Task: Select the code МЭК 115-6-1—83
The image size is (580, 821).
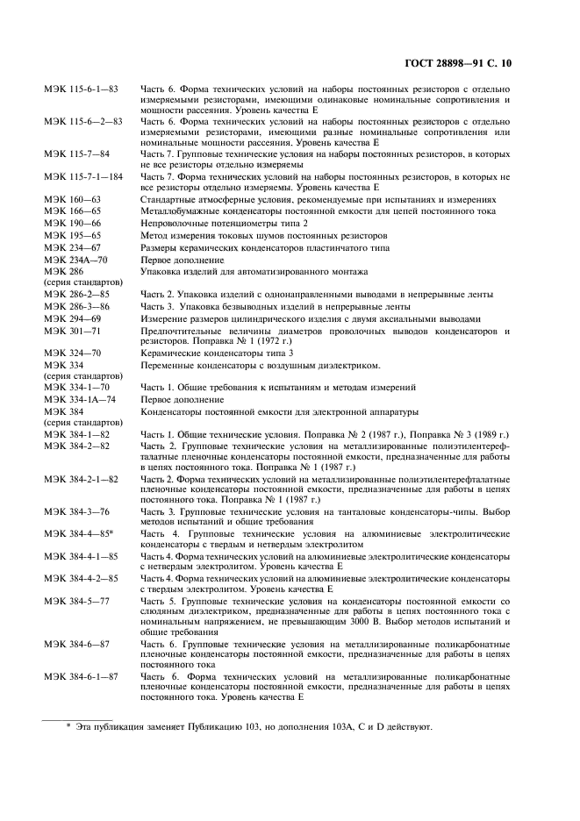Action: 82,90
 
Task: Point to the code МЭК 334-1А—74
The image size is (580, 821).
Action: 79,399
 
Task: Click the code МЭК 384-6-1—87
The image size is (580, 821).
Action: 82,677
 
